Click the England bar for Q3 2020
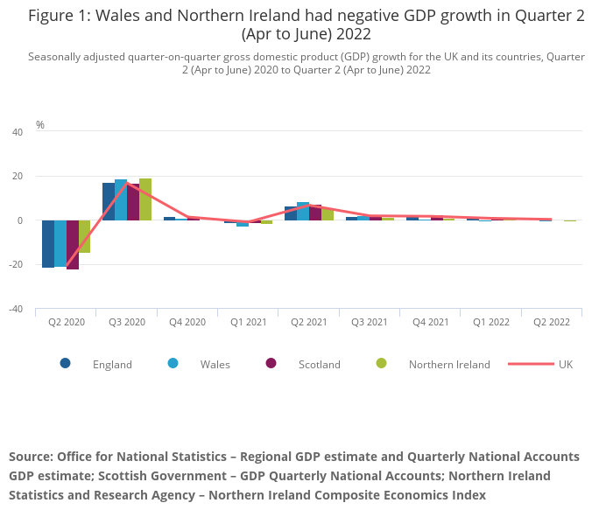coord(109,202)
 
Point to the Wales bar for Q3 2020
coord(121,200)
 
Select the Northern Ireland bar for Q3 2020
coord(145,199)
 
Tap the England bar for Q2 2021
coord(291,213)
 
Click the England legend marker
coord(66,363)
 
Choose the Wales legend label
coord(215,364)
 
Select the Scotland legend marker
coord(271,363)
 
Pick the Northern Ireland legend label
coord(449,364)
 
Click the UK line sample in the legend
coord(531,363)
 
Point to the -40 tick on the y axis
coord(18,309)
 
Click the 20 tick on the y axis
coord(18,177)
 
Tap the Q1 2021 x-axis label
coord(248,322)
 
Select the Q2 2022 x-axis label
coord(551,322)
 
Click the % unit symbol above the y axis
coord(40,125)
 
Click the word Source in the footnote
coord(30,457)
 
